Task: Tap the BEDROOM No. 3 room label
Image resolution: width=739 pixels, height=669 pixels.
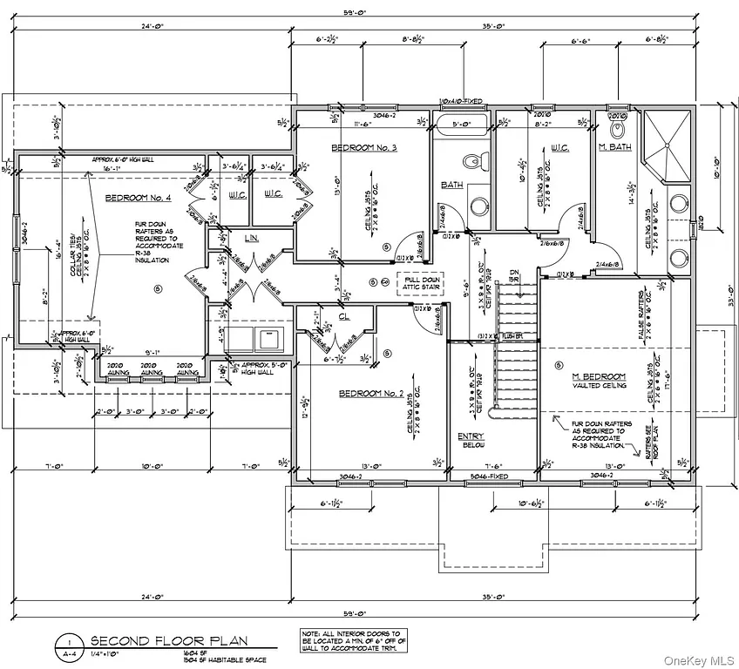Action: tap(364, 149)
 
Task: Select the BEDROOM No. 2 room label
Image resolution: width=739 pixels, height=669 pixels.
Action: tap(371, 394)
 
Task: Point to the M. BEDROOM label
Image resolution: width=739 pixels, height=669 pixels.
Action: tap(593, 376)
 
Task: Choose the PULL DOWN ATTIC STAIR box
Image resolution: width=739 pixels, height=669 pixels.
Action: tap(420, 282)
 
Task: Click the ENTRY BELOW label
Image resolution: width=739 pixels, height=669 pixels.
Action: tap(471, 441)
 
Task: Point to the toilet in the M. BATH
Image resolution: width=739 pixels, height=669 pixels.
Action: tap(620, 129)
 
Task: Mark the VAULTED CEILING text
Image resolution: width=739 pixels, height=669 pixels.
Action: tap(593, 385)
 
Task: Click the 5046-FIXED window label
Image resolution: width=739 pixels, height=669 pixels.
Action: tap(492, 478)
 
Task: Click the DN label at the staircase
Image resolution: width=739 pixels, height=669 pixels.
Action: tap(513, 274)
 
